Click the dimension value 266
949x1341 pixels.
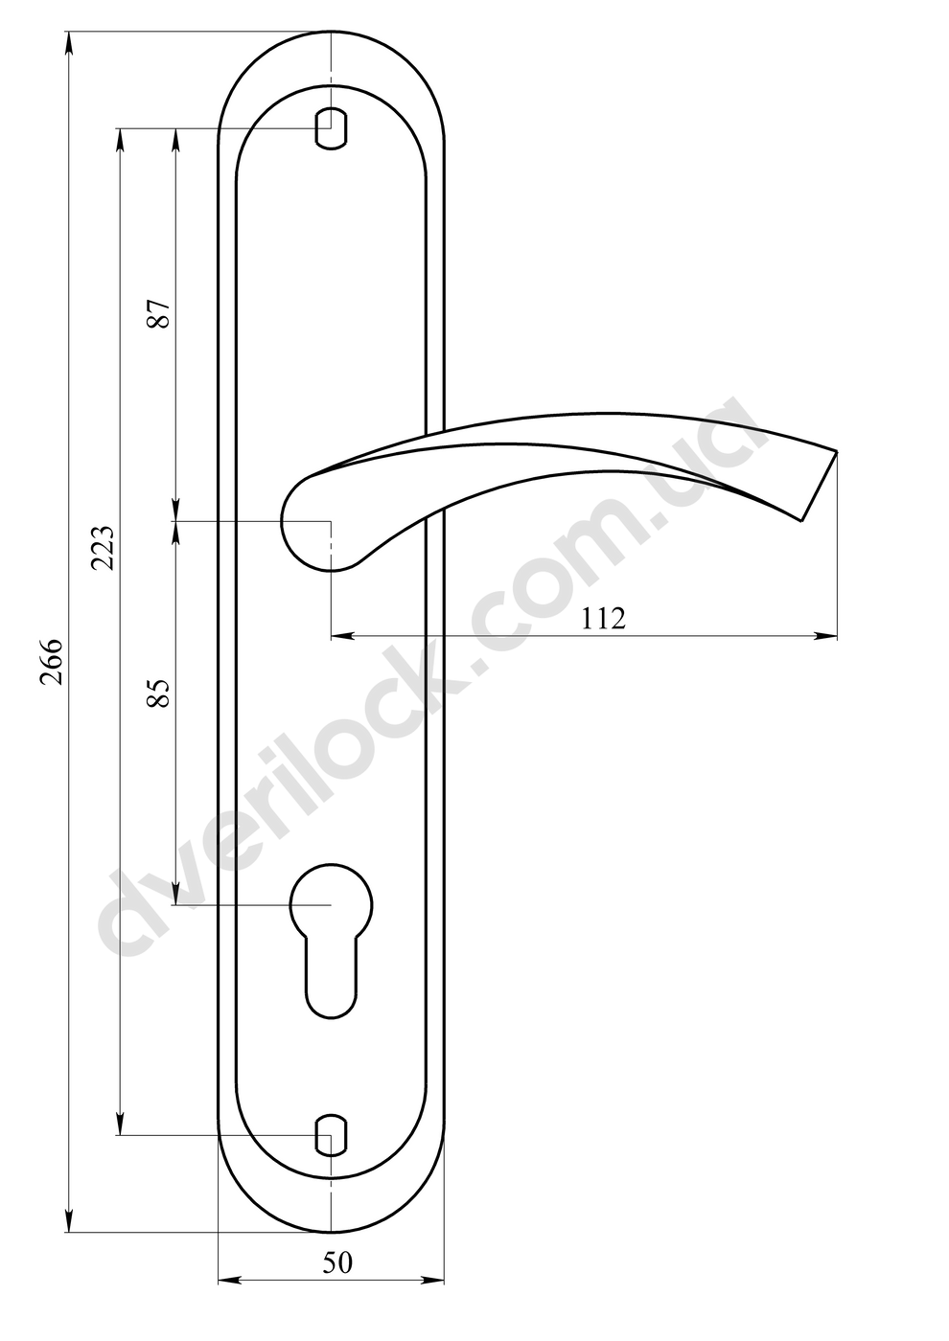[x=51, y=662]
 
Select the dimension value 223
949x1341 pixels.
[x=102, y=547]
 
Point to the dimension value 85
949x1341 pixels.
[x=159, y=693]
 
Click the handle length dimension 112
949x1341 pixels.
[x=603, y=619]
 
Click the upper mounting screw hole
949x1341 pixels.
[x=331, y=128]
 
